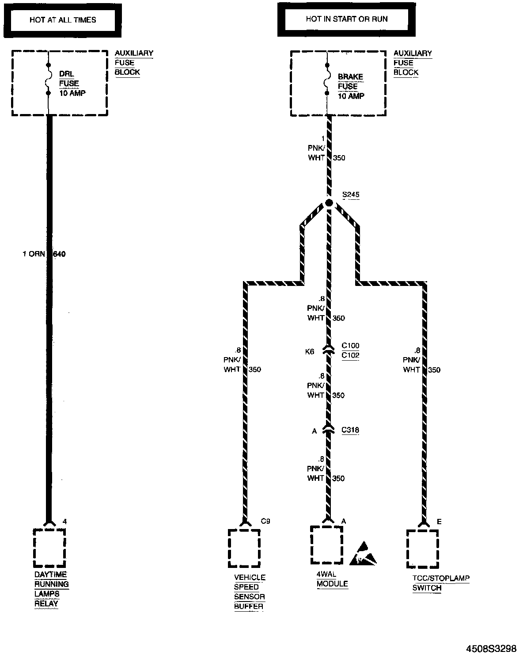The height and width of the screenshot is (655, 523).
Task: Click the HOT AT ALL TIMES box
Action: tap(62, 20)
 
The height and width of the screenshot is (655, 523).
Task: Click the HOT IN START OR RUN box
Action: tap(346, 19)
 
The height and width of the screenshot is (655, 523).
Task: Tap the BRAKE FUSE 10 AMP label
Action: tap(351, 86)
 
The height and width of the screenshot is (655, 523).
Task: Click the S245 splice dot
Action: tap(329, 203)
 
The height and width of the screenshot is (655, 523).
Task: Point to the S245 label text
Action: tap(350, 195)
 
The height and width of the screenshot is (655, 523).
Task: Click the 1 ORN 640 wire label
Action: tap(44, 254)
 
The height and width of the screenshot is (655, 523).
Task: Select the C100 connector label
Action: tap(350, 346)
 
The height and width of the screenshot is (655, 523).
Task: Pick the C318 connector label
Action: tap(350, 430)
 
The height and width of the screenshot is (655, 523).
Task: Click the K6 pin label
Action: tap(310, 351)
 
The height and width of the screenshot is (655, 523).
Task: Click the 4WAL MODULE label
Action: tap(332, 579)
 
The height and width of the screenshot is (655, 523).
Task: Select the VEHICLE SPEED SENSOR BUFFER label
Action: tap(250, 592)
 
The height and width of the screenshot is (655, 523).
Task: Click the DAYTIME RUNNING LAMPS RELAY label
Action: tap(52, 589)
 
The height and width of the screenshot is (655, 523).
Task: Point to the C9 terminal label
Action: tap(265, 522)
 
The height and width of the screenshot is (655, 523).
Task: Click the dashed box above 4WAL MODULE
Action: tap(326, 545)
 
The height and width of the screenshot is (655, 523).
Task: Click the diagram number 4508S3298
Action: tap(491, 648)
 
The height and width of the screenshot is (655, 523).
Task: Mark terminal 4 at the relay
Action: tap(64, 522)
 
